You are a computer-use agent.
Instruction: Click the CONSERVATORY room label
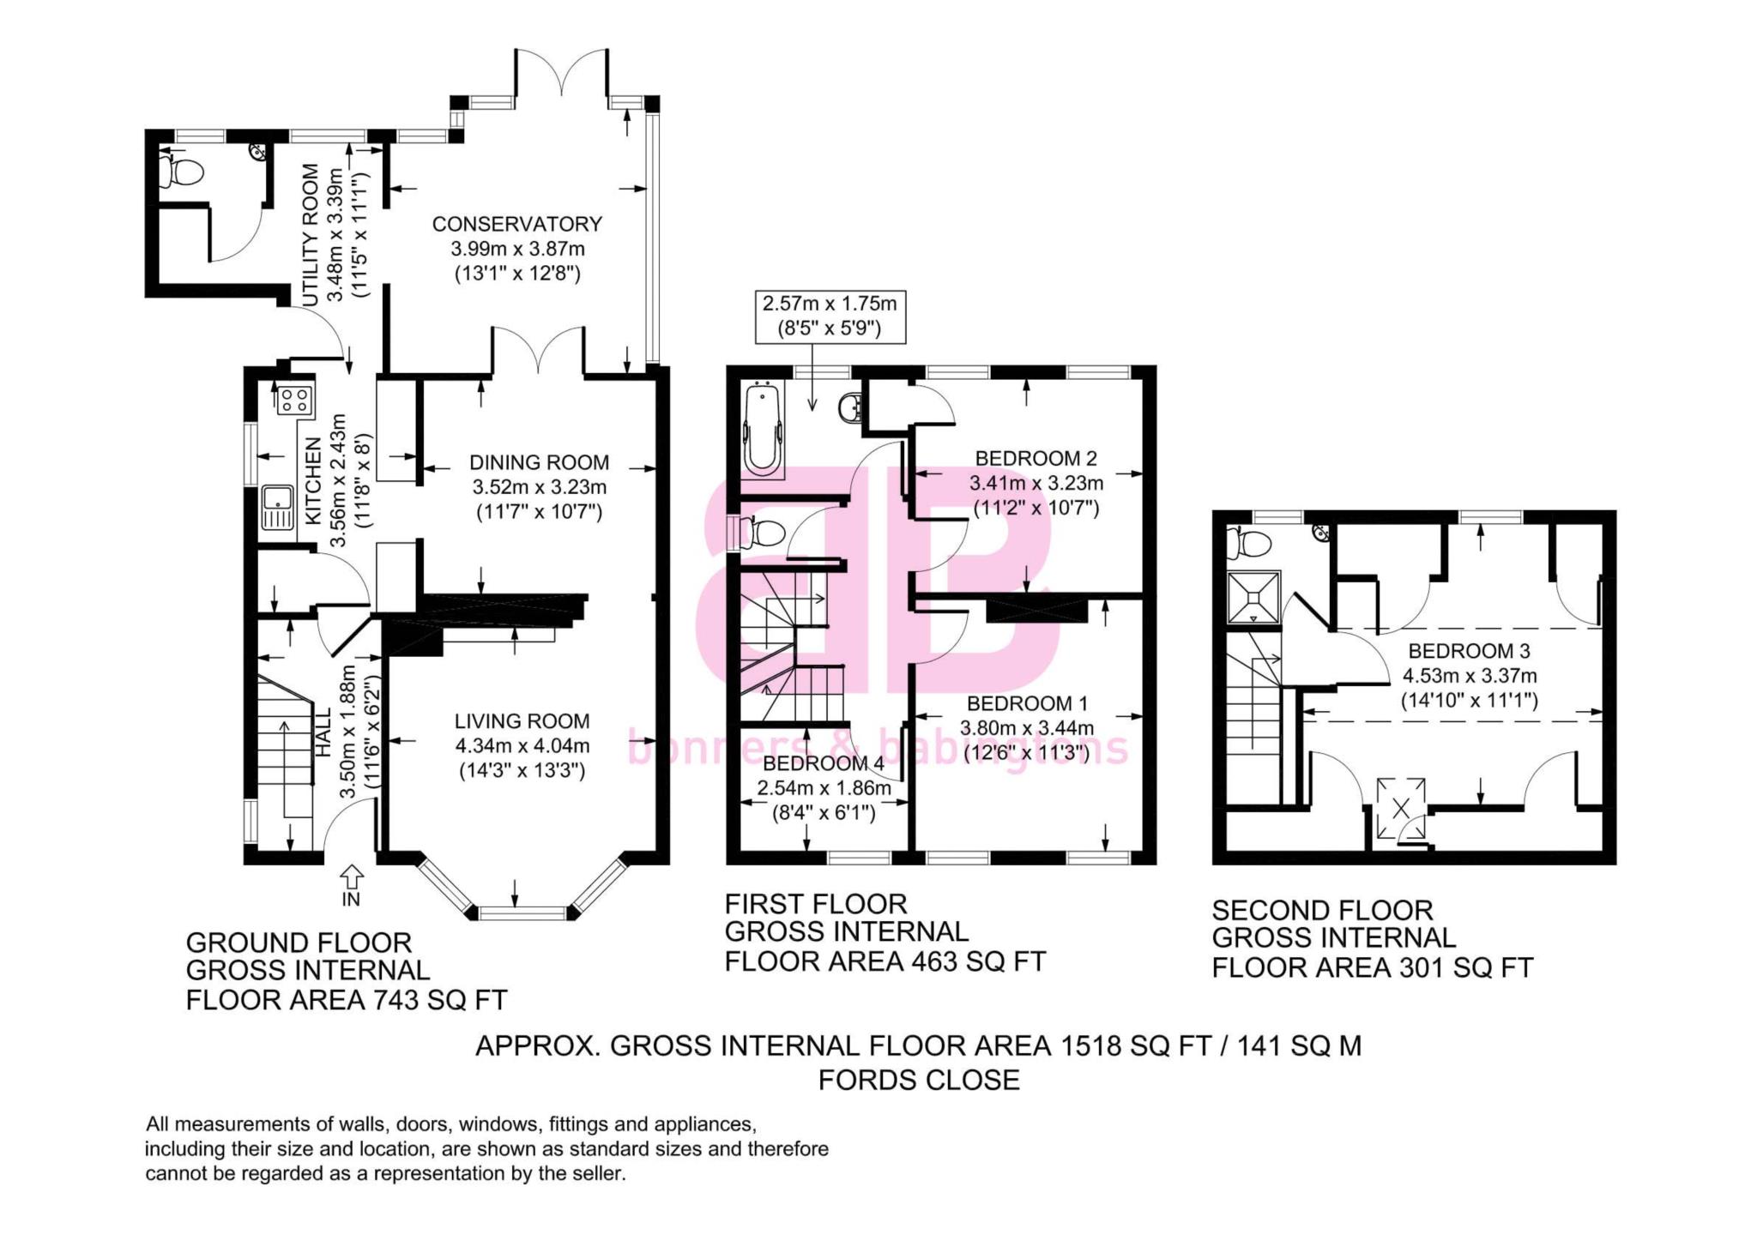coord(516,224)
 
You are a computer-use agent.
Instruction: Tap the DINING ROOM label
coord(539,462)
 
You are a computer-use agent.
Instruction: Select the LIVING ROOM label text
coord(522,721)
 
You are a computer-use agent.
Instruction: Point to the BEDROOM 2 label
coord(1035,459)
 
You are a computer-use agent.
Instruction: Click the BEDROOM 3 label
coord(1469,651)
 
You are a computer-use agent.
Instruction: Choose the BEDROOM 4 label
coord(824,763)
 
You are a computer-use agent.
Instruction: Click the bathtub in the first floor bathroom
coord(762,429)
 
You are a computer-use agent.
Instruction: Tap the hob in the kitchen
coord(294,400)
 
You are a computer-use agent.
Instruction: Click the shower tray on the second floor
coord(1253,597)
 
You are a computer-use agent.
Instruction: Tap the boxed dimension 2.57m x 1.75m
coord(830,316)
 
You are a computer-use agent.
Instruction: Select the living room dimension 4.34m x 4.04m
coord(522,746)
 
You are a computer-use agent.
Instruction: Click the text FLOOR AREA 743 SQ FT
coord(347,1000)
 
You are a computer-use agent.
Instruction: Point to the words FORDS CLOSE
coord(919,1080)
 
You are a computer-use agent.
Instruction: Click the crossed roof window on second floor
coord(1401,808)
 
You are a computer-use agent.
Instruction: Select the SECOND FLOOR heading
coord(1322,910)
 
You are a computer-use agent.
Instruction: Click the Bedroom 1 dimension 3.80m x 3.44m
coord(1027,729)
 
